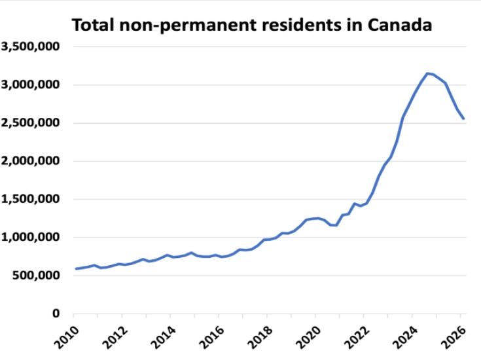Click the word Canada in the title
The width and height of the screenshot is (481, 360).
coord(400,25)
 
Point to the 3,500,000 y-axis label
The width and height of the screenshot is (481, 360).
coord(30,46)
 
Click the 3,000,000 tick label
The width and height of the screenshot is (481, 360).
coord(30,84)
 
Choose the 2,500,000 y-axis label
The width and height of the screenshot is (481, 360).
coord(30,123)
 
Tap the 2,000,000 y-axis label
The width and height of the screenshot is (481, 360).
coord(30,161)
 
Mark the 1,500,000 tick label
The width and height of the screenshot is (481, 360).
coord(30,199)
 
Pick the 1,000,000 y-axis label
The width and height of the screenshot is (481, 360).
coord(30,237)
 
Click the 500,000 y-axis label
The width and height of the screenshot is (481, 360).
coord(36,276)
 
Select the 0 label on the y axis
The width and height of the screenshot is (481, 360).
coord(56,314)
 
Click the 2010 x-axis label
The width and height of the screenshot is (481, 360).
coord(66,337)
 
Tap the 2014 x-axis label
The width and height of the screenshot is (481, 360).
coord(163,337)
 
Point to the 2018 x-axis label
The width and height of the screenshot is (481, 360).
coord(260,337)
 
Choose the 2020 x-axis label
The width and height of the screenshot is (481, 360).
coord(308,337)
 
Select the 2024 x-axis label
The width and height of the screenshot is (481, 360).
coord(405,337)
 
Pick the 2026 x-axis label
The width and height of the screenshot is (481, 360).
coord(454,337)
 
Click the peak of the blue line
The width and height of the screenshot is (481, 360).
coord(427,73)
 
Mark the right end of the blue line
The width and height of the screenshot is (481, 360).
coord(463,118)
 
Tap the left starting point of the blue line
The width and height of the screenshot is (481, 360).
coord(76,269)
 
